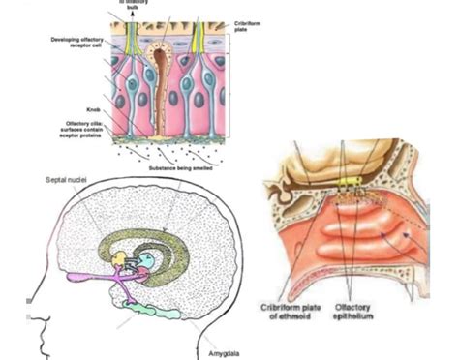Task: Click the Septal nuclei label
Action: pos(63,181)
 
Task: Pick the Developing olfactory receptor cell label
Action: pos(77,44)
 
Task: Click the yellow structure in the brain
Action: pos(119,259)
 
